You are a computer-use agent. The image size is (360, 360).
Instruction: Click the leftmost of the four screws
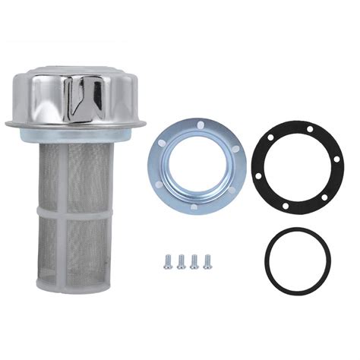(169, 261)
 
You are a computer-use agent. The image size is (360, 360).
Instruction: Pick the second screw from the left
(181, 261)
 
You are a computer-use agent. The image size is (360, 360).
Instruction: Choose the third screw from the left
(194, 261)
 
